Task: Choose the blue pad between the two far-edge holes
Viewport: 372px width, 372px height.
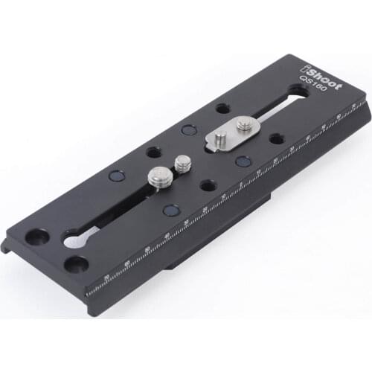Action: pos(188,130)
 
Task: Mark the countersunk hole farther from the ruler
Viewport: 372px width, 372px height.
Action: pos(35,237)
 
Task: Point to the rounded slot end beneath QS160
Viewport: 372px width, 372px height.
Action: pos(296,93)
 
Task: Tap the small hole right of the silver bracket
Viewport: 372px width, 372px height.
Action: pos(276,138)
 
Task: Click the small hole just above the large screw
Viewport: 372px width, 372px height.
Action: pos(153,152)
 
